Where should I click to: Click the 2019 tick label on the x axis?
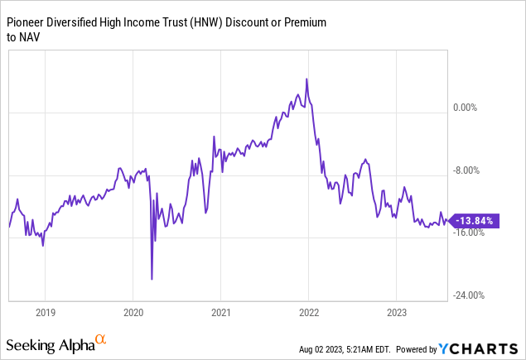(x=46, y=313)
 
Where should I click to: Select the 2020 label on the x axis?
(x=133, y=313)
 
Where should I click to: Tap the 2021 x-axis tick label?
(x=220, y=313)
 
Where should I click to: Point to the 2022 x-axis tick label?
(x=308, y=313)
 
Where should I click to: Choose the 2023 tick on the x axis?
(x=396, y=313)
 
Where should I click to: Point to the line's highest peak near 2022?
(x=306, y=79)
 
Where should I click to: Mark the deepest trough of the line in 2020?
(x=152, y=279)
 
